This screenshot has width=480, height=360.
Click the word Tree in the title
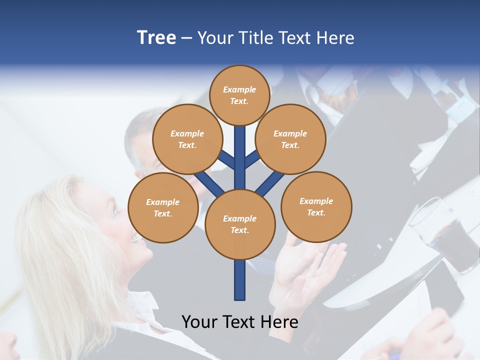pos(156,38)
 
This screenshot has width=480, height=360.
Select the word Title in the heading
pos(254,38)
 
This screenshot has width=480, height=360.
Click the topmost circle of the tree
pos(239,95)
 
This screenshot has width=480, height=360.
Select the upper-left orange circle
pos(187,139)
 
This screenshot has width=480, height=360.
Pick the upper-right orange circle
pos(290,139)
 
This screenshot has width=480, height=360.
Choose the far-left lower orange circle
pos(163,207)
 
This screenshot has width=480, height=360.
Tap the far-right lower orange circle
pos(316,206)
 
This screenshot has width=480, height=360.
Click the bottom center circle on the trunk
pos(240,224)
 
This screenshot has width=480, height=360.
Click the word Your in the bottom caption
pos(198,322)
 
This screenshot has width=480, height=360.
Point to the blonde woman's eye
pos(117,212)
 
